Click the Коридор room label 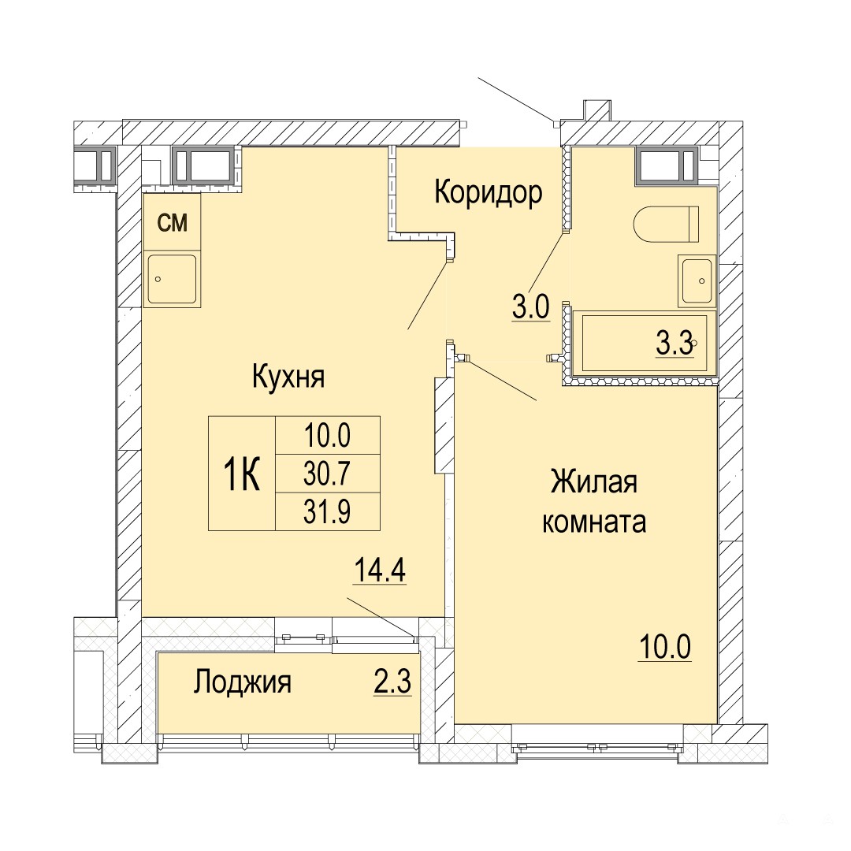(x=488, y=193)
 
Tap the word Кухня (x=288, y=377)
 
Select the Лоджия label (x=242, y=682)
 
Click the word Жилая (x=594, y=482)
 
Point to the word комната (x=594, y=522)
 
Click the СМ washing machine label (x=172, y=222)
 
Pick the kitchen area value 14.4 (x=379, y=570)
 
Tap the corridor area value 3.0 (x=531, y=308)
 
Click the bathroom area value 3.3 (x=674, y=344)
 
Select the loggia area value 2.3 (x=392, y=682)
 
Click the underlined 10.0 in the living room (x=665, y=647)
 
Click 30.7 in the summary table (x=327, y=474)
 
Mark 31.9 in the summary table (x=327, y=511)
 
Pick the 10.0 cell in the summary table (x=327, y=436)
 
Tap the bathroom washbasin (x=697, y=281)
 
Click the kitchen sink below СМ (x=172, y=279)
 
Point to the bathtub (x=645, y=343)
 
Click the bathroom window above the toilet (x=667, y=165)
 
